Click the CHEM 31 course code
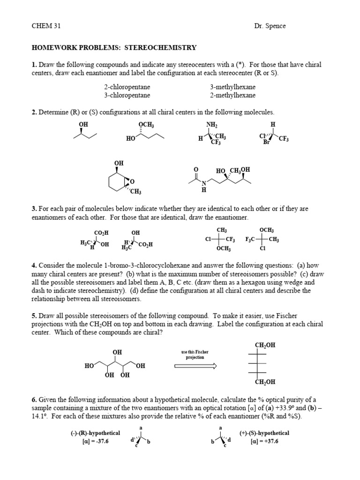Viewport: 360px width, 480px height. point(44,26)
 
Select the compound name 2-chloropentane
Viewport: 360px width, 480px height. point(127,87)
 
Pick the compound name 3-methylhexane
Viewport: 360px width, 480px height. point(233,87)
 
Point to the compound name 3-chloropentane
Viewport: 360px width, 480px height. point(127,95)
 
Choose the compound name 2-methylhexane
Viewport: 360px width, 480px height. point(233,95)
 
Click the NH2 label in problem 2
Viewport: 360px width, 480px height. point(212,124)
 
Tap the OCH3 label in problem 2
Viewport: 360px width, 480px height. point(146,124)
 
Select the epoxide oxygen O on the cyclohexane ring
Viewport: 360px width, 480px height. point(132,182)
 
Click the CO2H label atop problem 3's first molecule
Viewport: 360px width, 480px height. point(101,232)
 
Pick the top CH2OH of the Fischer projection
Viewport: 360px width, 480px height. point(265,345)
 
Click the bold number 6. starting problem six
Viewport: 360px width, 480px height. point(34,400)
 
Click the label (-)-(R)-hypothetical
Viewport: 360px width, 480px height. point(93,433)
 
